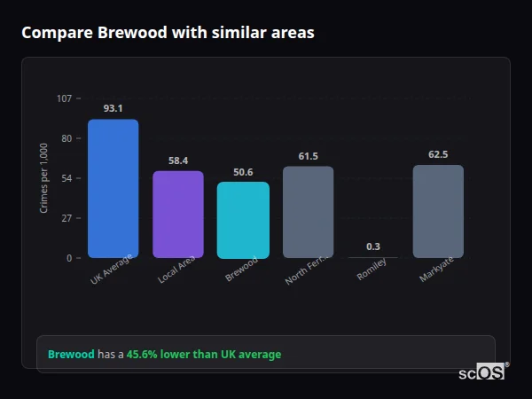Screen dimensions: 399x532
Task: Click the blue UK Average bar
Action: pyautogui.click(x=113, y=188)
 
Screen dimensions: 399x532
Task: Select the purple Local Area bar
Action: pyautogui.click(x=178, y=215)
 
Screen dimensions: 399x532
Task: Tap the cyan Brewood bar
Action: pyautogui.click(x=243, y=220)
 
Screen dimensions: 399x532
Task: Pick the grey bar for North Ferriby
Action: pyautogui.click(x=308, y=212)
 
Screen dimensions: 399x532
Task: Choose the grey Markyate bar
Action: pyautogui.click(x=438, y=211)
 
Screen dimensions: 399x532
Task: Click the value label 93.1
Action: pyautogui.click(x=113, y=109)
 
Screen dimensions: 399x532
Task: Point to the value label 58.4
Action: pyautogui.click(x=178, y=160)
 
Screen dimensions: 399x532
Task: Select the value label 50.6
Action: pyautogui.click(x=243, y=172)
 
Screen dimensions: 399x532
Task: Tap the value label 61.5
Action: pyautogui.click(x=308, y=156)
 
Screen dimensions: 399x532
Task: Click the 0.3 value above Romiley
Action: pyautogui.click(x=373, y=246)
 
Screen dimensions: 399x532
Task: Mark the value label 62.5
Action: pyautogui.click(x=438, y=154)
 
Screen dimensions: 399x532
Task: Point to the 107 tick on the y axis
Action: pyautogui.click(x=64, y=98)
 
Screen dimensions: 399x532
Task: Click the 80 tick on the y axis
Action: pyautogui.click(x=66, y=138)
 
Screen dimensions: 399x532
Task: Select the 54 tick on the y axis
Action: pyautogui.click(x=66, y=178)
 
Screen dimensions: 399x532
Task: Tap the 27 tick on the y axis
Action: pyautogui.click(x=66, y=218)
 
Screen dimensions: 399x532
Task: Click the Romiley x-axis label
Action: pyautogui.click(x=372, y=270)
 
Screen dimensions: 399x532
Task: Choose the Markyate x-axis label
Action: pyautogui.click(x=435, y=270)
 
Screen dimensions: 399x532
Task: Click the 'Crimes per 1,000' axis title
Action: pyautogui.click(x=44, y=178)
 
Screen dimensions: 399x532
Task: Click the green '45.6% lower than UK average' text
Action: pyautogui.click(x=204, y=355)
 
